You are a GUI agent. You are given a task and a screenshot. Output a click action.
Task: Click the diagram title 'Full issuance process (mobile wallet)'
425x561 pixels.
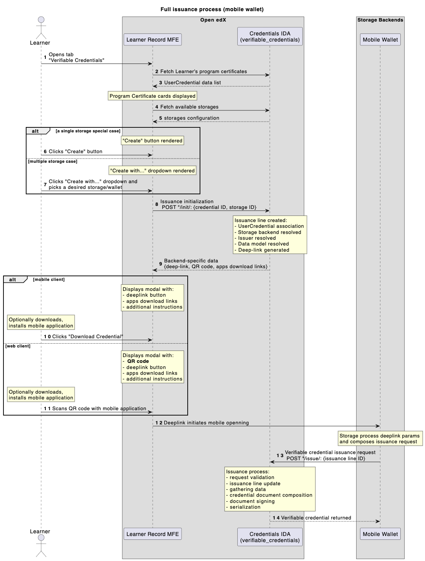tap(212, 9)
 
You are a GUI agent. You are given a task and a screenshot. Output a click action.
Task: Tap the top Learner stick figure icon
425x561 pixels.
tap(41, 27)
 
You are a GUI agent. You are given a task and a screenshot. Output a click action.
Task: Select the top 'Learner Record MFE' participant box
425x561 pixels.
tap(153, 40)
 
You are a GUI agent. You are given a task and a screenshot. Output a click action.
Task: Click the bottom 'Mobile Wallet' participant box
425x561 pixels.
tap(380, 534)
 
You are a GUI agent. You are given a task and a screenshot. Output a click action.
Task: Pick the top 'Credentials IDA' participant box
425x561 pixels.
tap(270, 37)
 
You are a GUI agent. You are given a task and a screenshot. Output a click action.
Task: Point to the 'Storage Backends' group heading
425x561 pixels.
tap(380, 20)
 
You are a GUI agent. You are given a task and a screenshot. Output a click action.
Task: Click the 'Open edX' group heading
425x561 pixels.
tap(213, 20)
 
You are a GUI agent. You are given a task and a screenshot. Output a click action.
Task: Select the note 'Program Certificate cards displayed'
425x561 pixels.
tap(152, 96)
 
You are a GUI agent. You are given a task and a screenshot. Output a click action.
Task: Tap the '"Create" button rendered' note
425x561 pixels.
tap(152, 141)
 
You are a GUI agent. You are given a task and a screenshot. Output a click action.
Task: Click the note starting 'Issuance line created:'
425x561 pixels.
tap(270, 235)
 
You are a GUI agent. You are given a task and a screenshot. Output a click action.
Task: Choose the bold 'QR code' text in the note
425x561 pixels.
tap(138, 361)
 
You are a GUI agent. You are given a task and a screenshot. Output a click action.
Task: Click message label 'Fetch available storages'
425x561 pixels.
tap(189, 107)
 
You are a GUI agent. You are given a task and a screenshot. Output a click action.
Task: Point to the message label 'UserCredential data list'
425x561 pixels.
tap(192, 83)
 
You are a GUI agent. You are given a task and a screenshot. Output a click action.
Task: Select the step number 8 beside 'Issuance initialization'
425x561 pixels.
tap(157, 204)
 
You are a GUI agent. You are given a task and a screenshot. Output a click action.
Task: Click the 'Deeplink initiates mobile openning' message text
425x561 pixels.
tap(206, 423)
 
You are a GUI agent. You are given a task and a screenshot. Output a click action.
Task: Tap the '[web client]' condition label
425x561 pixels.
tap(18, 346)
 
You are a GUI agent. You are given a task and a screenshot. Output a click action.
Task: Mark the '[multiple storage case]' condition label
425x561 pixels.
tap(52, 162)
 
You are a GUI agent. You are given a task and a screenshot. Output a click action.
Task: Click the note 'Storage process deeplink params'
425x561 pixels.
tap(379, 439)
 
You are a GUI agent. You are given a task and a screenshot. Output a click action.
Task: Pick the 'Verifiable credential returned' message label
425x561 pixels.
tap(316, 518)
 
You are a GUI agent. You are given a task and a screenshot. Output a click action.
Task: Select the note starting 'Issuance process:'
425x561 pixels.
tap(270, 489)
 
